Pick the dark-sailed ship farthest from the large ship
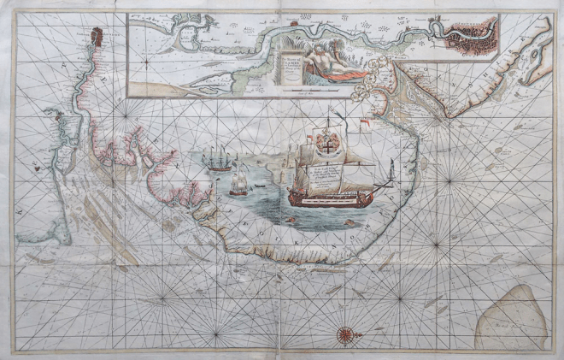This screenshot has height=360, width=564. (220, 160)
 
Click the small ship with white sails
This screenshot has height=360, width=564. (240, 183)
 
